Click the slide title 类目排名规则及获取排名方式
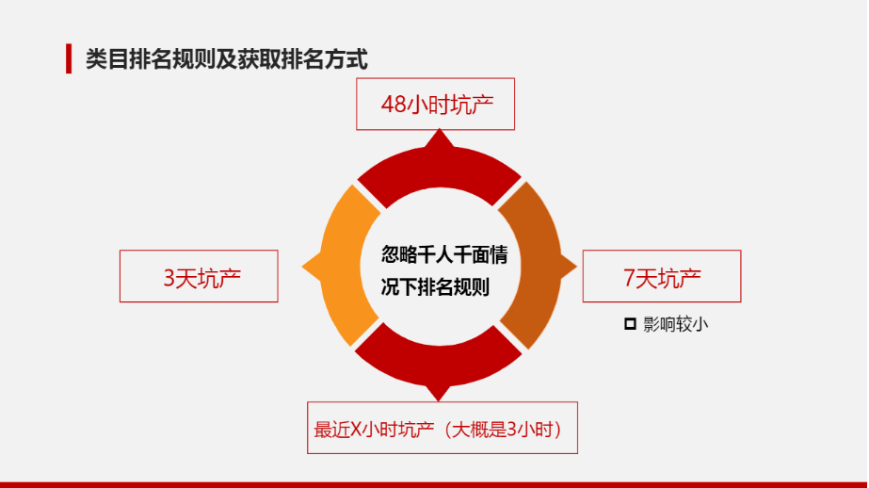pyautogui.click(x=226, y=59)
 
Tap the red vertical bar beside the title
pyautogui.click(x=69, y=58)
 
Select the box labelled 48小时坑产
pyautogui.click(x=436, y=105)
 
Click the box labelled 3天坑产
pyautogui.click(x=199, y=276)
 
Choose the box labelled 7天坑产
pyautogui.click(x=662, y=276)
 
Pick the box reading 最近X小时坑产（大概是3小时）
pyautogui.click(x=443, y=428)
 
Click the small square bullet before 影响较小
pyautogui.click(x=630, y=324)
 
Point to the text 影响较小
pyautogui.click(x=676, y=324)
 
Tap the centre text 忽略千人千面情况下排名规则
pyautogui.click(x=443, y=271)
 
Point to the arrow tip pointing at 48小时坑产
pyautogui.click(x=440, y=130)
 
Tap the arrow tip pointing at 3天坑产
pyautogui.click(x=302, y=267)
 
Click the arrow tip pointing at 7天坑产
pyautogui.click(x=576, y=267)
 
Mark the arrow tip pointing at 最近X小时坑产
pyautogui.click(x=439, y=400)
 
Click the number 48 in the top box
pyautogui.click(x=394, y=105)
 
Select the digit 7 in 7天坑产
pyautogui.click(x=629, y=278)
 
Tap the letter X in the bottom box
pyautogui.click(x=356, y=430)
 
